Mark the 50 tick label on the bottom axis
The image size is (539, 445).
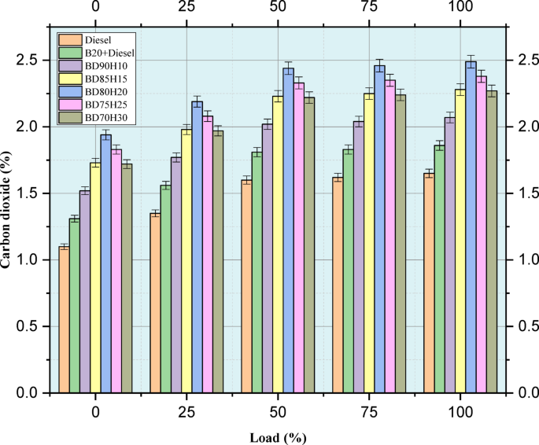pos(278,412)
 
